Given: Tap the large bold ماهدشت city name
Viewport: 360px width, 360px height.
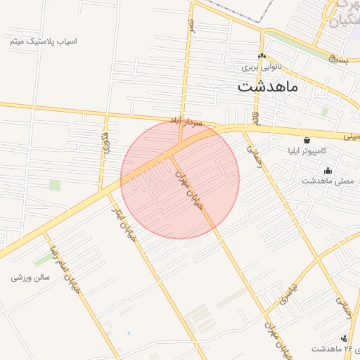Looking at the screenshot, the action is click(x=268, y=87).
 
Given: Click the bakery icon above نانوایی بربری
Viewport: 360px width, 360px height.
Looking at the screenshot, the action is click(x=262, y=56).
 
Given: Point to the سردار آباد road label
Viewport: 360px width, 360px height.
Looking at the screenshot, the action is click(x=186, y=122).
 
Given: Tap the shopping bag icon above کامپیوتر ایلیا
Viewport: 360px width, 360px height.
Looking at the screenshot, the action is click(x=307, y=140).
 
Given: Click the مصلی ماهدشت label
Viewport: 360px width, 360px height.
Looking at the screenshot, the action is click(x=327, y=181).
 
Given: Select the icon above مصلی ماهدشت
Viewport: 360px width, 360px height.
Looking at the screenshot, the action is click(x=328, y=169).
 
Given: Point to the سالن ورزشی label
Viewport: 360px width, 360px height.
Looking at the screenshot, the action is click(x=31, y=277).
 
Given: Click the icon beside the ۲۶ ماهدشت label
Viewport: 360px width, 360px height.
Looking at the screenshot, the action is click(x=344, y=338).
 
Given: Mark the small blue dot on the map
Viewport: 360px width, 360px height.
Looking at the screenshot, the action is click(x=129, y=333).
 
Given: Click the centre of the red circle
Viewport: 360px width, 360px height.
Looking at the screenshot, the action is click(x=180, y=179).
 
